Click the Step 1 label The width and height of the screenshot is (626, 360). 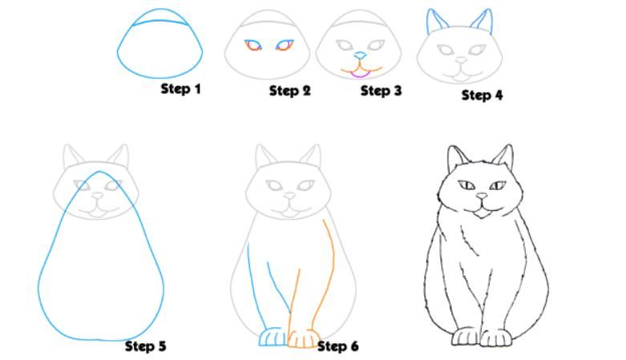pyautogui.click(x=180, y=89)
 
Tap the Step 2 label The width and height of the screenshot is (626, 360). pyautogui.click(x=290, y=91)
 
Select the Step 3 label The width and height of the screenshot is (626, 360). pyautogui.click(x=381, y=91)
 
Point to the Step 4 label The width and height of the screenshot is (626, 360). pyautogui.click(x=482, y=95)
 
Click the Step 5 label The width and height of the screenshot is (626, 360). pyautogui.click(x=145, y=346)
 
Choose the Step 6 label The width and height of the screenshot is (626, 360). pyautogui.click(x=337, y=346)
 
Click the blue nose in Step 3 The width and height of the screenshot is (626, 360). pyautogui.click(x=360, y=55)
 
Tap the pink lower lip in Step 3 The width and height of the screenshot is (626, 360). pyautogui.click(x=360, y=75)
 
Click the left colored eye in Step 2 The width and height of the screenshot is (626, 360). pyautogui.click(x=253, y=45)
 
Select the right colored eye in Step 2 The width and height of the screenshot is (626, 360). pyautogui.click(x=285, y=45)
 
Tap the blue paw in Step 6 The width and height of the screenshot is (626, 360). pyautogui.click(x=273, y=338)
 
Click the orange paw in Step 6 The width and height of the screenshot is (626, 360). pyautogui.click(x=304, y=339)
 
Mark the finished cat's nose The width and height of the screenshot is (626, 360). pyautogui.click(x=483, y=196)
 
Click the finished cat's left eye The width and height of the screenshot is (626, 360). pyautogui.click(x=466, y=185)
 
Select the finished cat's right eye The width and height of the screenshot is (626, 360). pyautogui.click(x=498, y=185)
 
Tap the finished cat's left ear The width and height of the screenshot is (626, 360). pyautogui.click(x=456, y=158)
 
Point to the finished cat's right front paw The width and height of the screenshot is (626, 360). pyautogui.click(x=496, y=338)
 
